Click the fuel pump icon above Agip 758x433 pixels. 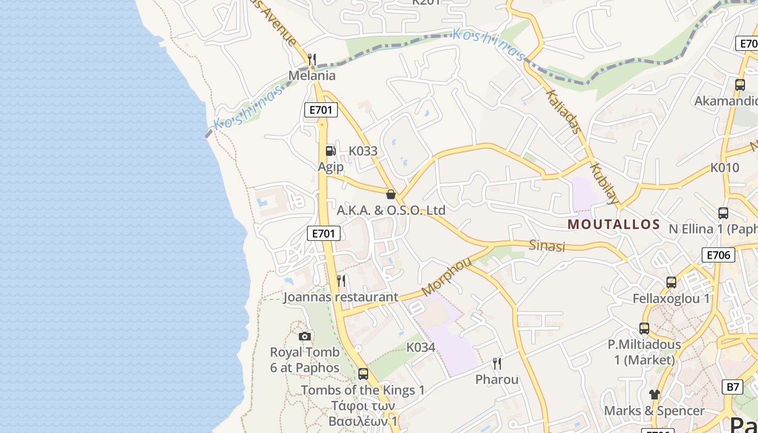coord(330,150)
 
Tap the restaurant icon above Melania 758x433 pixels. coord(312,59)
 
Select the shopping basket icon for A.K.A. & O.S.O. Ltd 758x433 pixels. coord(391,194)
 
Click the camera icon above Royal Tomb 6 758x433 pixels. coord(305,337)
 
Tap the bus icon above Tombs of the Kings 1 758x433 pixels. coord(363,374)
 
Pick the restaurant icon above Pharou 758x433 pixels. coord(497,363)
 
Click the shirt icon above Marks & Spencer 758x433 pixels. coord(655,395)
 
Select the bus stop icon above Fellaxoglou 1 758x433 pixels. coord(671,282)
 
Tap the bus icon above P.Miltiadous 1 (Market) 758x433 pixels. coord(644,328)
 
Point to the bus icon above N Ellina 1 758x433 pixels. coord(723,213)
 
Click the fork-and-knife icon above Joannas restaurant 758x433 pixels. coord(341,280)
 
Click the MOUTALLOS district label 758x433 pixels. coord(613,224)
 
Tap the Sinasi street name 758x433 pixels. coord(547,246)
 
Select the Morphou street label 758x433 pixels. coord(447,277)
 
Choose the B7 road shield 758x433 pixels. coord(733,386)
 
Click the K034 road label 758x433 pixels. coord(421,347)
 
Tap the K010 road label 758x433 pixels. coord(725,168)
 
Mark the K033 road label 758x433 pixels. coord(363,151)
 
